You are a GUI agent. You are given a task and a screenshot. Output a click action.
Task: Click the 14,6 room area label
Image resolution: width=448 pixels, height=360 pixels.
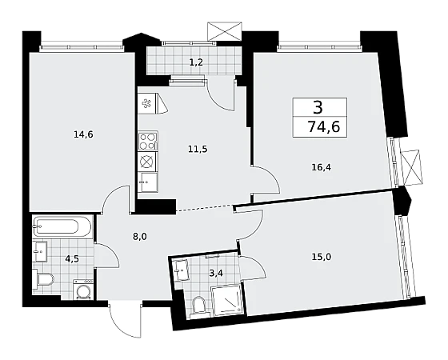(83, 134)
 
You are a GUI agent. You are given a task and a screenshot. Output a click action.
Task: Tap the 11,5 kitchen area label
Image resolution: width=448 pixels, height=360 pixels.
(198, 149)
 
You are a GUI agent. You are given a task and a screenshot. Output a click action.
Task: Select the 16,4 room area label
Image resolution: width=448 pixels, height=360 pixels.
(321, 167)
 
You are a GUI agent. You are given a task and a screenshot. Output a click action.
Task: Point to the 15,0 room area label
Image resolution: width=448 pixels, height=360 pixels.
(321, 257)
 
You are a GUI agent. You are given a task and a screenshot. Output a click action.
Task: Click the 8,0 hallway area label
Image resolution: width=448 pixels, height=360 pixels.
(140, 237)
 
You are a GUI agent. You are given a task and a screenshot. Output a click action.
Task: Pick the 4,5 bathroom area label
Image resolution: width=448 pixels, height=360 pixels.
(72, 259)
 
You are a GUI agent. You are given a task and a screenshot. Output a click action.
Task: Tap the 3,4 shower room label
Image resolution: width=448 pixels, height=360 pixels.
(216, 273)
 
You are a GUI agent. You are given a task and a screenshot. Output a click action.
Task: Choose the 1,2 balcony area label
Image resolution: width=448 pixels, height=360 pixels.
(196, 62)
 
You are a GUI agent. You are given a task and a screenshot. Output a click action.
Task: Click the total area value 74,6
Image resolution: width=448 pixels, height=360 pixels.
(324, 126)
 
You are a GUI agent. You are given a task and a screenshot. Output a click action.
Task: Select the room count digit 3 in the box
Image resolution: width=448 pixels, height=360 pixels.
(318, 107)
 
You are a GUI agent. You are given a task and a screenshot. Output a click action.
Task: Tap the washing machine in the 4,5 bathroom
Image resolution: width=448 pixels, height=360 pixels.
(82, 290)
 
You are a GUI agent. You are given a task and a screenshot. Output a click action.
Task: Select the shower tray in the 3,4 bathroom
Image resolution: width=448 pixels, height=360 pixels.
(226, 300)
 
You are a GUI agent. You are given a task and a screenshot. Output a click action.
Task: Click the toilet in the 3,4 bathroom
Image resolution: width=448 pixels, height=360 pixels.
(198, 307)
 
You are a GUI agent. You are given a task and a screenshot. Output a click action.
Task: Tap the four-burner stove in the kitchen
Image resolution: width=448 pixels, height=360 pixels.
(148, 141)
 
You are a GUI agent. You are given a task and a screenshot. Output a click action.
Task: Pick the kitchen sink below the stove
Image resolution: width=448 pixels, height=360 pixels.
(147, 182)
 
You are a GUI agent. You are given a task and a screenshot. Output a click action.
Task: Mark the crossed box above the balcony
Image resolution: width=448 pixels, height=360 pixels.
(225, 31)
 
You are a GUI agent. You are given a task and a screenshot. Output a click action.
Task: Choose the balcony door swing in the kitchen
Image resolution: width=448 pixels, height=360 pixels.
(221, 99)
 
